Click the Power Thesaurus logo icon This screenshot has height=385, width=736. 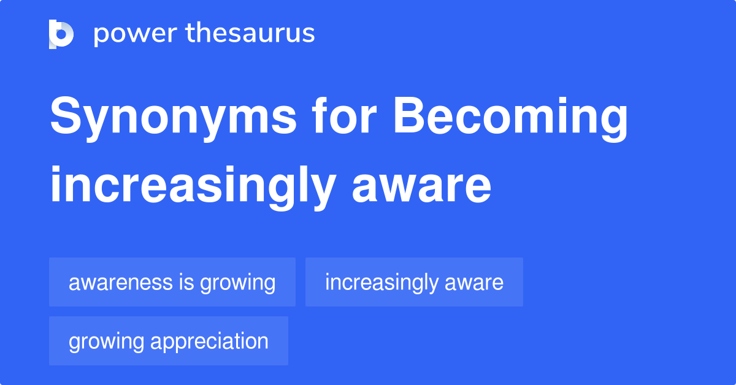(61, 34)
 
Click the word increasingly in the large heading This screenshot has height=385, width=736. (192, 187)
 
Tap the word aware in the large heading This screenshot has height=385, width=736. (421, 187)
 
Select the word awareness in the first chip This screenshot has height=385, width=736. (112, 283)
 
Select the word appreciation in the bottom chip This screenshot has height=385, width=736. (210, 342)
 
